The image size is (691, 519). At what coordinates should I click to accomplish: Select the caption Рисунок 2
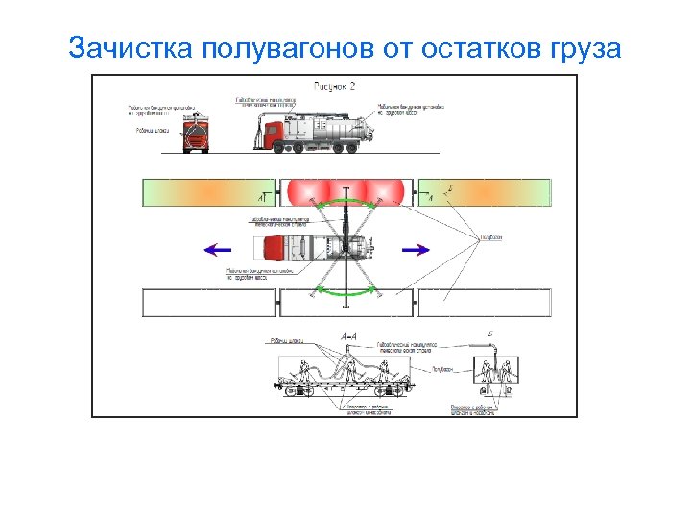tap(335, 86)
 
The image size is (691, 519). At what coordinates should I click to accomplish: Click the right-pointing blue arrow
tap(415, 250)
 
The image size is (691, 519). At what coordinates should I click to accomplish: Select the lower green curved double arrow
tap(346, 292)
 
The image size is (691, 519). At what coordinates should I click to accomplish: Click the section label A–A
tap(349, 336)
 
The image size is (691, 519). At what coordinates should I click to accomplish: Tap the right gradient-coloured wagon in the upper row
tap(485, 192)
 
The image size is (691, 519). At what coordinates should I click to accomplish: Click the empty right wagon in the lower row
tap(485, 303)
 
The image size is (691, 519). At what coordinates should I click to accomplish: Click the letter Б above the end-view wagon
tap(491, 335)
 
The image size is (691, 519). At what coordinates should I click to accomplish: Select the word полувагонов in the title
tap(289, 47)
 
